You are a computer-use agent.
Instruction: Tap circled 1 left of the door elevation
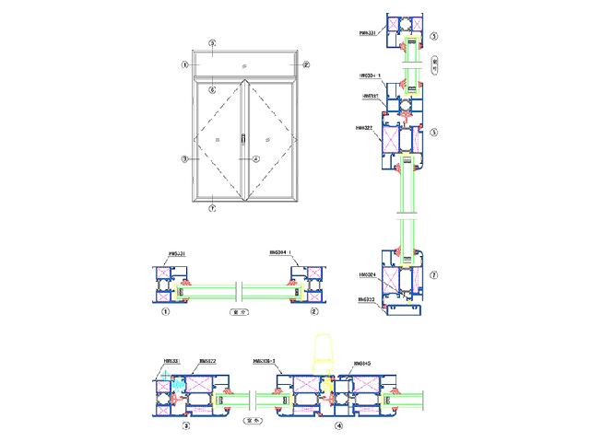pyautogui.click(x=185, y=65)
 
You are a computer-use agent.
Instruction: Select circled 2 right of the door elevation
pyautogui.click(x=307, y=65)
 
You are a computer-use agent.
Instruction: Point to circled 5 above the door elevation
pyautogui.click(x=212, y=43)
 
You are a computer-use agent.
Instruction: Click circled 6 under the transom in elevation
pyautogui.click(x=212, y=90)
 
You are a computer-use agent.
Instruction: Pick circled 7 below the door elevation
pyautogui.click(x=212, y=209)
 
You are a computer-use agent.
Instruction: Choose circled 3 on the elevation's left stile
pyautogui.click(x=185, y=159)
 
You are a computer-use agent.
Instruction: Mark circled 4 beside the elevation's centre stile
pyautogui.click(x=257, y=159)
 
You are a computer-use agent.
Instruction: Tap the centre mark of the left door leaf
pyautogui.click(x=216, y=140)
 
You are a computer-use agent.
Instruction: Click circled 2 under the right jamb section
pyautogui.click(x=314, y=312)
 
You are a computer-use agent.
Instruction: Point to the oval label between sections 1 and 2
pyautogui.click(x=238, y=313)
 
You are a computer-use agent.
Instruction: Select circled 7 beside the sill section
pyautogui.click(x=433, y=273)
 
